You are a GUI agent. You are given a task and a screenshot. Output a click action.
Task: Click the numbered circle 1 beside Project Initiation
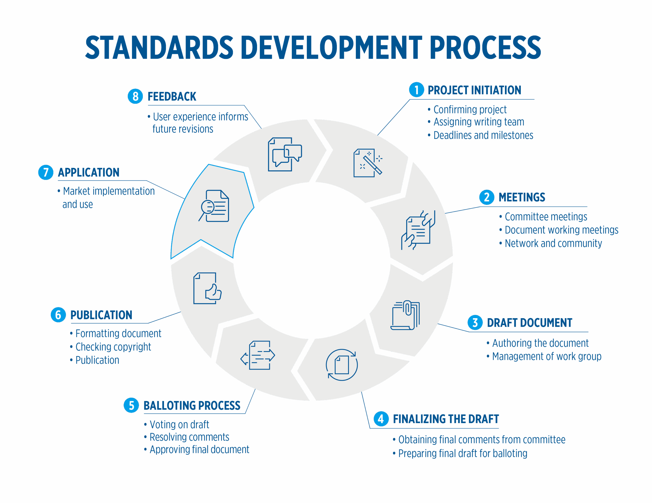(x=416, y=90)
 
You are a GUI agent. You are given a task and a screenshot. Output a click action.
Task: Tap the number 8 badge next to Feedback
(x=135, y=96)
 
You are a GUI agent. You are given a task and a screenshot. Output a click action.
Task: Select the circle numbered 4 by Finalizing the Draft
(x=381, y=419)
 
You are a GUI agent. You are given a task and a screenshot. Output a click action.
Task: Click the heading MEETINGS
(x=522, y=197)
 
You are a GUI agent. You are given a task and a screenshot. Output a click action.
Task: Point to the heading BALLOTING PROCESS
(x=192, y=406)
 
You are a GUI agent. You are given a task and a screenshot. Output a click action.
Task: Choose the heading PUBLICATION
(x=101, y=315)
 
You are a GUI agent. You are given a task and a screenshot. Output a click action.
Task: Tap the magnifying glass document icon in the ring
(x=214, y=206)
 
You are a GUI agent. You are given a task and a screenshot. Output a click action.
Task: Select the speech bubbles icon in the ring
(x=285, y=154)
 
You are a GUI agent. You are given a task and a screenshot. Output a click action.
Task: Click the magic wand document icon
(x=368, y=163)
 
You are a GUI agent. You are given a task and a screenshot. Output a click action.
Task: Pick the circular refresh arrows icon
(x=342, y=365)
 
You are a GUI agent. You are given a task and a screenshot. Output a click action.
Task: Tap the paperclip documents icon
(x=405, y=315)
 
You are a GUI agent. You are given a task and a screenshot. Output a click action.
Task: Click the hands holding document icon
(x=418, y=230)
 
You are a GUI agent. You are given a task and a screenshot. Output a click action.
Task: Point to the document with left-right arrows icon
(x=258, y=355)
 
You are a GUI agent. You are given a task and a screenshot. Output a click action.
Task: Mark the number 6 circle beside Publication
(x=58, y=315)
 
